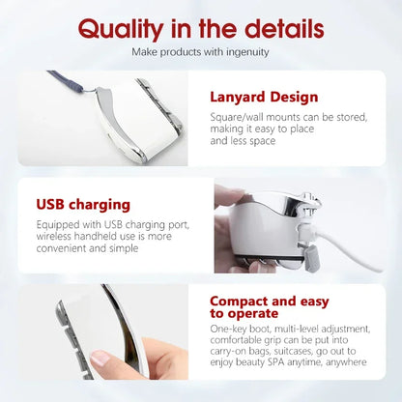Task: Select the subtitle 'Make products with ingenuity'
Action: [200, 51]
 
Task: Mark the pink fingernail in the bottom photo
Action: [100, 359]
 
